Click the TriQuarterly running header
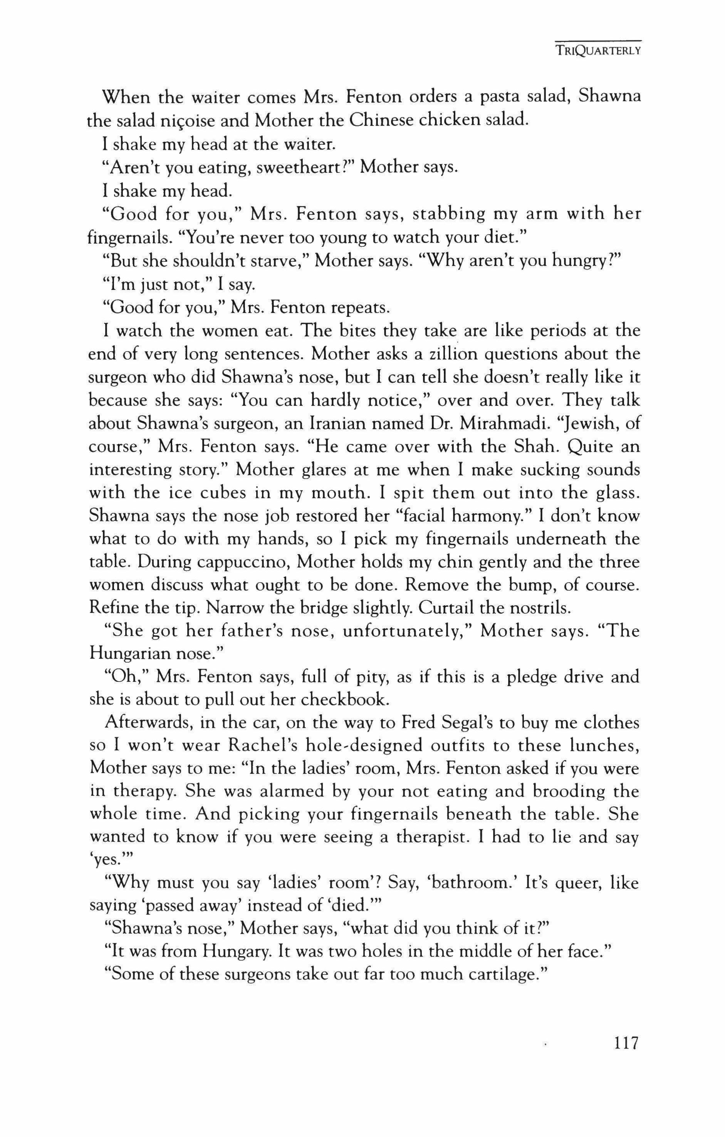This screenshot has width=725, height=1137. click(597, 51)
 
